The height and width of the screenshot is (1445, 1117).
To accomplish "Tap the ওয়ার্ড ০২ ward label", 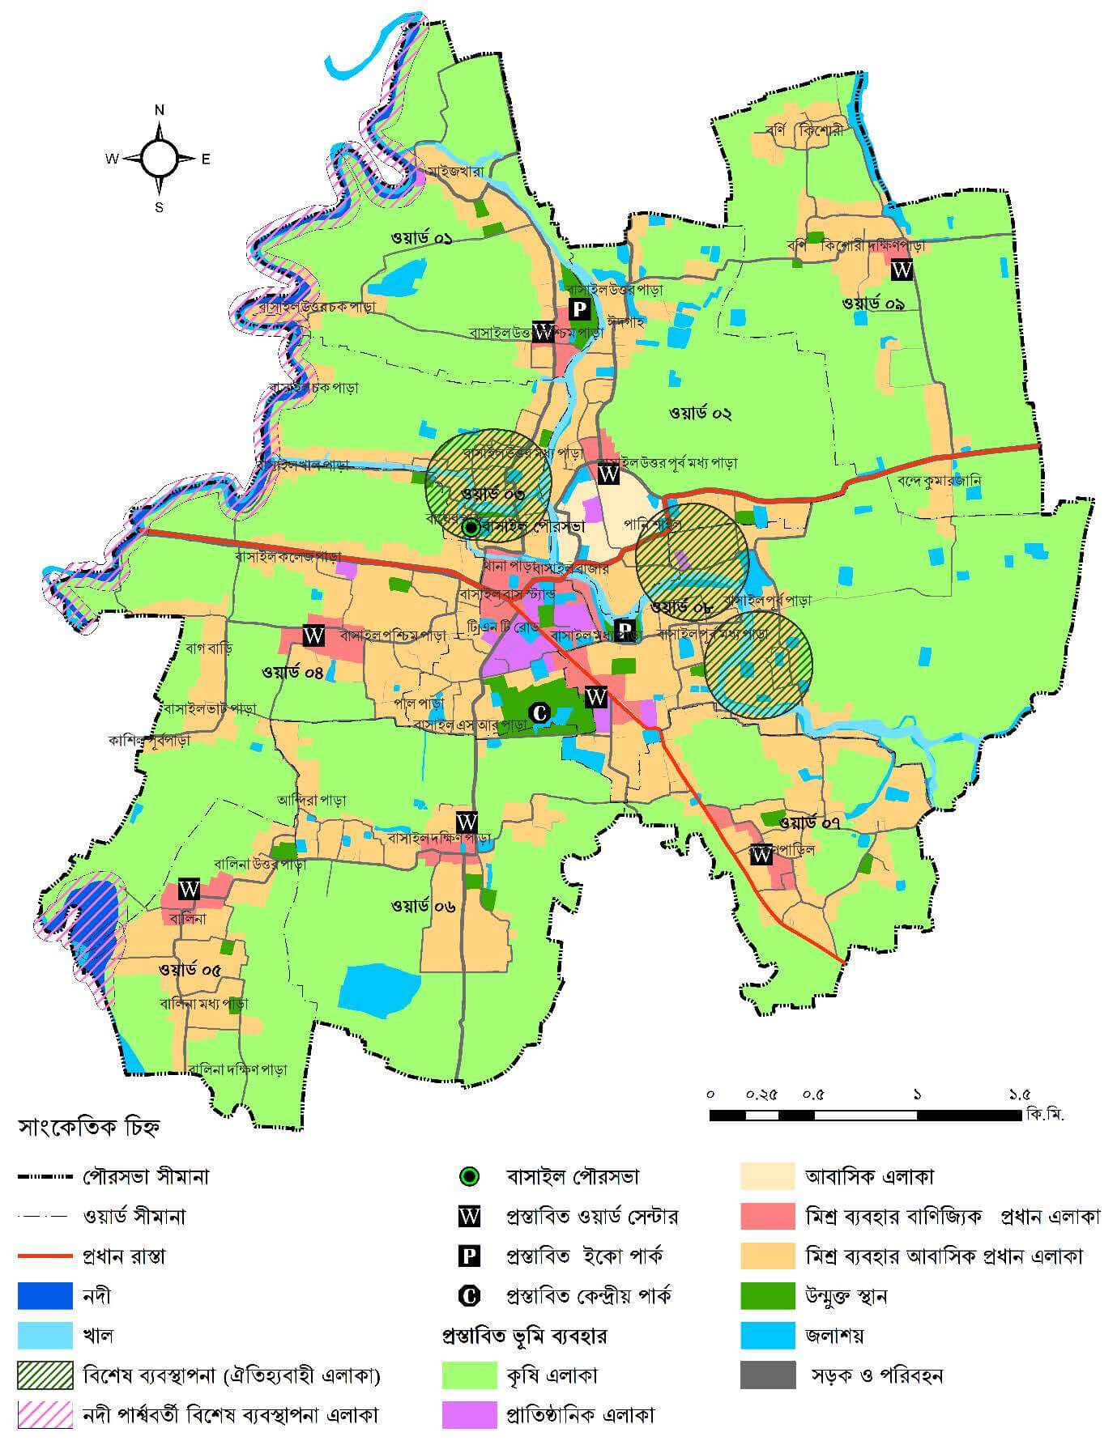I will point(700,414).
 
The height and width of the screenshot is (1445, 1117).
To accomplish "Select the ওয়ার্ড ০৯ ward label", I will point(874,304).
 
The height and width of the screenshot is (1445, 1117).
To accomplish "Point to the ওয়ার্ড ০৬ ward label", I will point(423,906).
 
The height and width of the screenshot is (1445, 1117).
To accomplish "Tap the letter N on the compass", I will point(160,110).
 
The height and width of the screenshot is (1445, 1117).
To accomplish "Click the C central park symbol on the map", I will point(539,712).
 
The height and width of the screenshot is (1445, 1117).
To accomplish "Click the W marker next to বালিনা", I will point(189,888).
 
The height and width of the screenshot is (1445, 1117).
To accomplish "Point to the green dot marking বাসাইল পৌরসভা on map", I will point(471,528).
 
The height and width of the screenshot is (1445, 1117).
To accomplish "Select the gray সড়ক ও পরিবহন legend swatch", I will point(767,1375).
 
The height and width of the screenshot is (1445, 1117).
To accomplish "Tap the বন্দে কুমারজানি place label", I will point(939,480).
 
